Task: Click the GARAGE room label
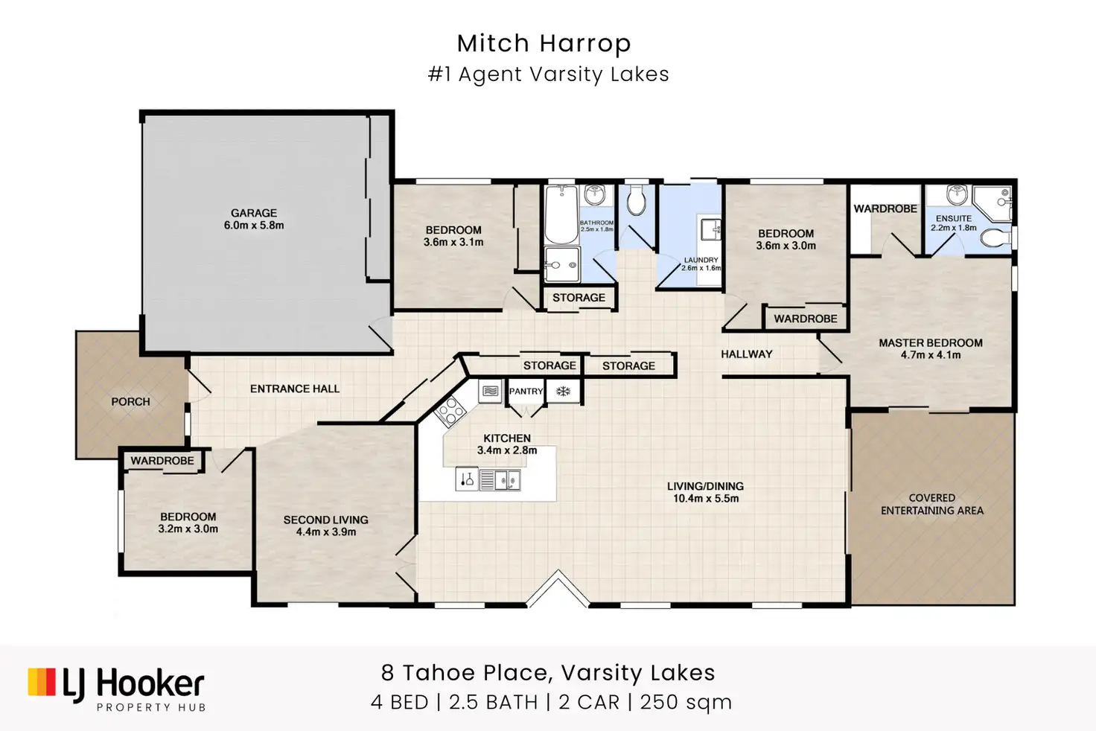(x=254, y=213)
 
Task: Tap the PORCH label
(x=130, y=402)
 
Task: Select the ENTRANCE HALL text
(x=295, y=389)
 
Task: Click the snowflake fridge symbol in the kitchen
(x=563, y=391)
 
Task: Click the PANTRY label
(x=526, y=391)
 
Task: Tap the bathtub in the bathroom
(x=561, y=214)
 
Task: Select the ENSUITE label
(x=954, y=218)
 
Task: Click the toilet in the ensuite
(x=995, y=238)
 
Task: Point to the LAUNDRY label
(x=701, y=260)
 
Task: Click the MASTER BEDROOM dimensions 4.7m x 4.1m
(x=931, y=355)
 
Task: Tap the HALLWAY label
(x=747, y=354)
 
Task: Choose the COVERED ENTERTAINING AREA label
(x=932, y=504)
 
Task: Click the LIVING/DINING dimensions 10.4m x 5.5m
(x=706, y=499)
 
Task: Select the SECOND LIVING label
(x=326, y=520)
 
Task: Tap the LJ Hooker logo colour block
(x=42, y=682)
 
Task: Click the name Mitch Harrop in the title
(x=544, y=43)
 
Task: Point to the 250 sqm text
(x=686, y=702)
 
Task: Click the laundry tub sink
(x=711, y=230)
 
